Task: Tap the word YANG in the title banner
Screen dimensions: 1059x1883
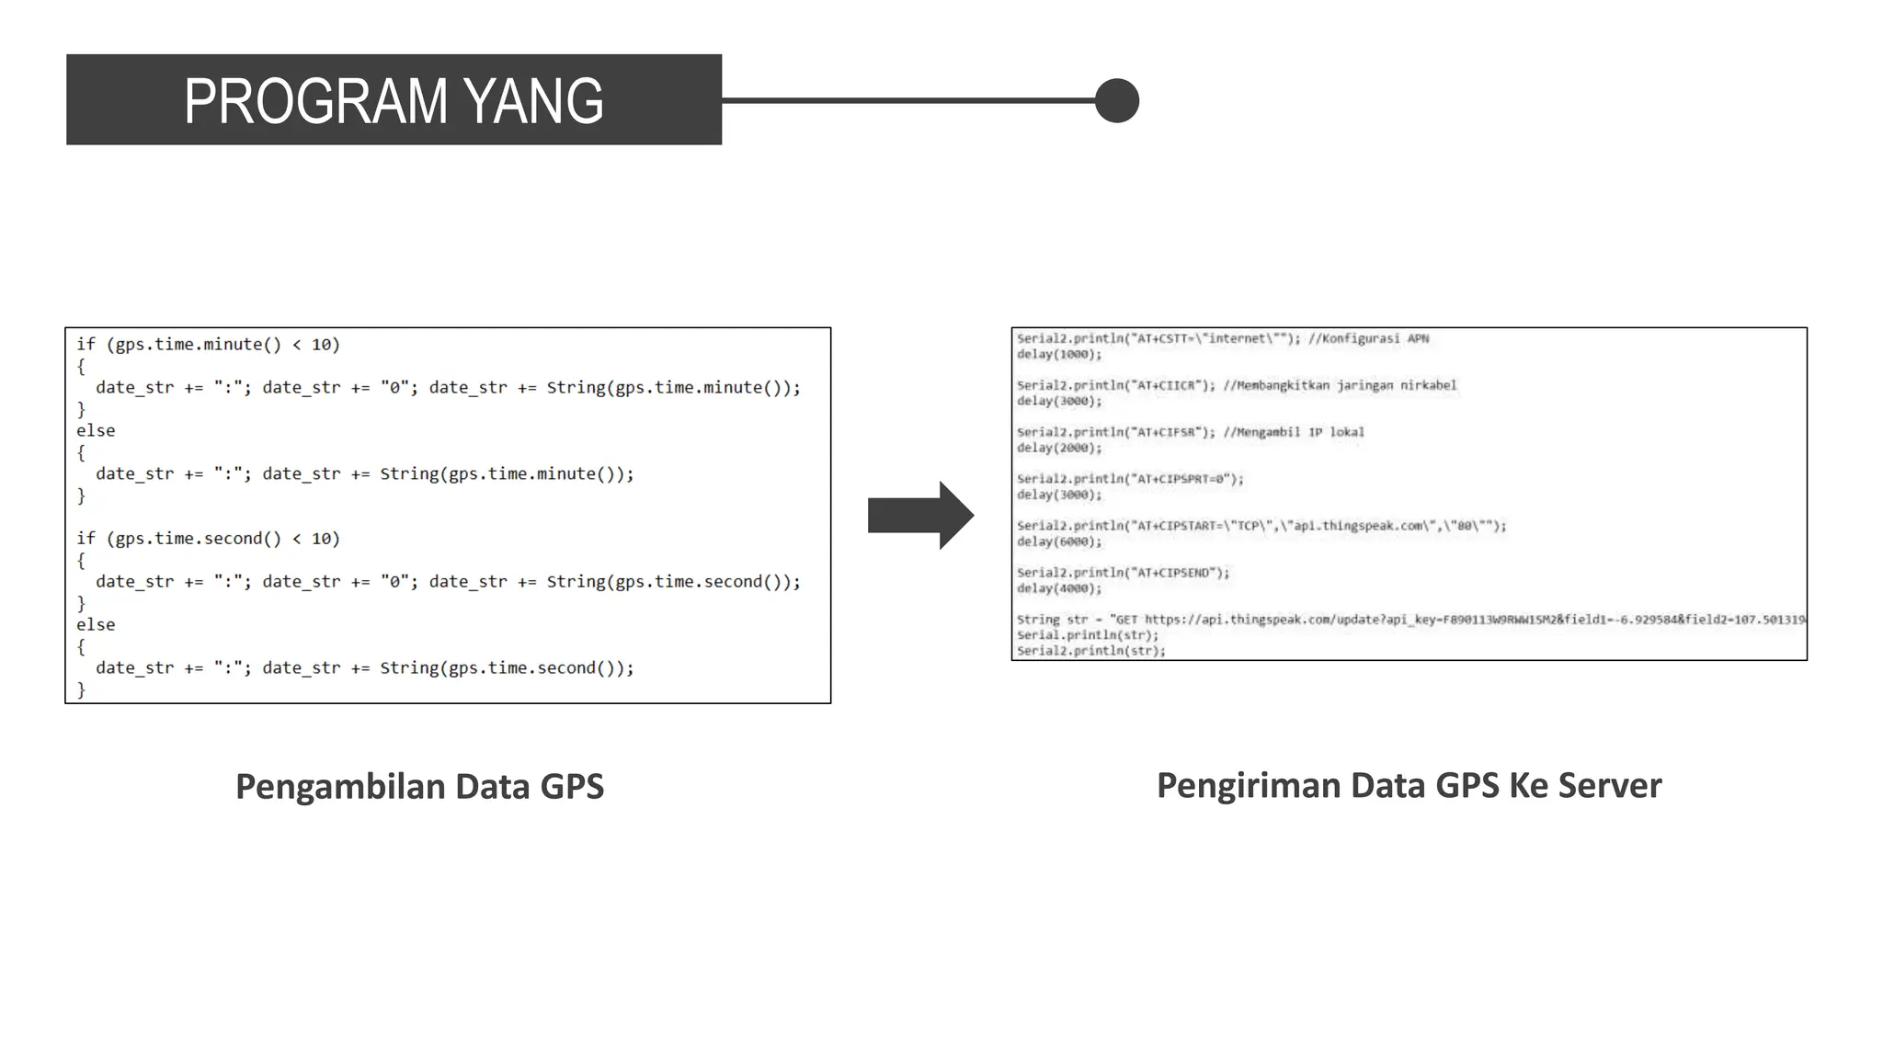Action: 533,101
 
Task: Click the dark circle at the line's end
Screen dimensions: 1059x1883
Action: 1117,100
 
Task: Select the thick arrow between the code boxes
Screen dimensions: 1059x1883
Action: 920,515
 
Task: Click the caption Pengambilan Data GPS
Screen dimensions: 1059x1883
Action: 419,787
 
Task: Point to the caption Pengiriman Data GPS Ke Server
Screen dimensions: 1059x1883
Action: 1409,786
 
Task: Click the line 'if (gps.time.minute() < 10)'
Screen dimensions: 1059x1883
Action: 208,345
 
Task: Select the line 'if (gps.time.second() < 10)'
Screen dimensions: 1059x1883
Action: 208,539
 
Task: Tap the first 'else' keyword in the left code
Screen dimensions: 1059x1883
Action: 96,431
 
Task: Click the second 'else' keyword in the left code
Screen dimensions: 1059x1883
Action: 96,625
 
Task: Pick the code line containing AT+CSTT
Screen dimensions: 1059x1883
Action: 1158,339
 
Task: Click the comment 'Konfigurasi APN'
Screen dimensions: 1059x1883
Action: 1369,339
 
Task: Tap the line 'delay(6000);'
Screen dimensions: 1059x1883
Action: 1058,542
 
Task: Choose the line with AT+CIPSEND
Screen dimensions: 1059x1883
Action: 1123,574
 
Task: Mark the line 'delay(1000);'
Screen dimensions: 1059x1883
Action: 1058,355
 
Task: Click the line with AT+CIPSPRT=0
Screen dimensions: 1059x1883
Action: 1130,480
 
